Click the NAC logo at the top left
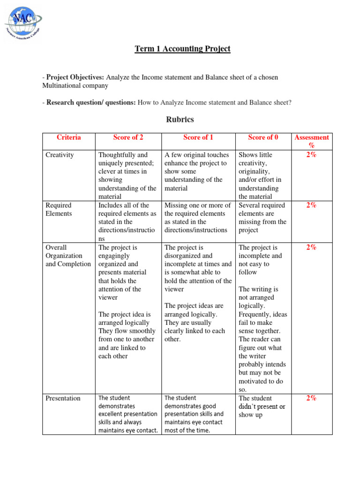tap(23, 23)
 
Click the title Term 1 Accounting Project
tap(182, 49)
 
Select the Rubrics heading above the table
tap(180, 120)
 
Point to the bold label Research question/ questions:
tap(91, 102)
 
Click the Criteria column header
tap(68, 137)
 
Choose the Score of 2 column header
tap(128, 137)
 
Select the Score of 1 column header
tap(198, 137)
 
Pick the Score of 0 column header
tap(263, 137)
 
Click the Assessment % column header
tap(311, 142)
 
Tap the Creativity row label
tap(60, 155)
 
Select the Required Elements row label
tap(59, 209)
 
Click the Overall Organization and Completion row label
tap(68, 255)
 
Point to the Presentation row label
tap(63, 398)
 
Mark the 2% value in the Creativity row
tap(311, 155)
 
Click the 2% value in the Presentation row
tap(311, 398)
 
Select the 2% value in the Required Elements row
tap(311, 205)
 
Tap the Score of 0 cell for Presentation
tap(262, 406)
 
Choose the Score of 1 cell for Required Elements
tap(197, 217)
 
